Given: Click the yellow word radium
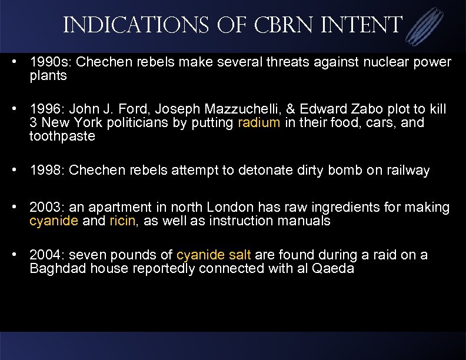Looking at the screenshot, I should (x=257, y=124).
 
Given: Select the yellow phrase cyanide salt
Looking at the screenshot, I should (x=214, y=255).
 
